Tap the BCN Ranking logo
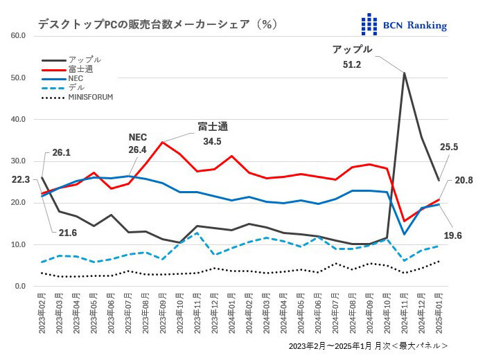click(x=405, y=25)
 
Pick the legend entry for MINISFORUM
click(x=90, y=98)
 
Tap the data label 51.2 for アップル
click(x=352, y=64)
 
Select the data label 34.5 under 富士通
click(x=213, y=141)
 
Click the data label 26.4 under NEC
click(x=138, y=150)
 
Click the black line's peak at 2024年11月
click(x=404, y=73)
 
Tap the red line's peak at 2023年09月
click(x=162, y=143)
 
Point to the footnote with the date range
click(x=368, y=345)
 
